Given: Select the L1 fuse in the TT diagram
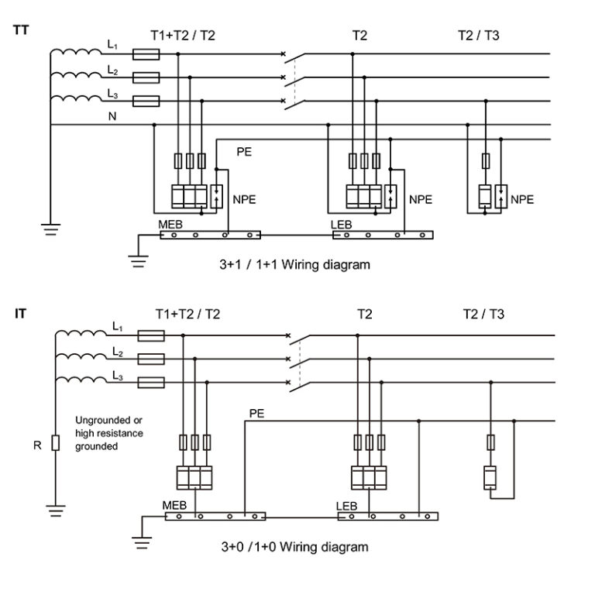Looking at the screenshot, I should tap(146, 54).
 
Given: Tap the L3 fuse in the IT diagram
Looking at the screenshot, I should tap(150, 383).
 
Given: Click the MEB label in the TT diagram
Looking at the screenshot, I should tap(171, 225).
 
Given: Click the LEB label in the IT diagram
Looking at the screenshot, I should tap(346, 506).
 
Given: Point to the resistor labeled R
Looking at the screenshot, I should tap(55, 444).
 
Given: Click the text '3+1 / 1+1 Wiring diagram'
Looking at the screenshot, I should tap(294, 264).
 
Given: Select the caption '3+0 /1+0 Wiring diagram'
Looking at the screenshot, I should tap(294, 546).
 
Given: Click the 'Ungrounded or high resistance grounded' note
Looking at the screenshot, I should tap(108, 434).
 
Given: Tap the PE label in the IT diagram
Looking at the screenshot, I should tap(256, 414).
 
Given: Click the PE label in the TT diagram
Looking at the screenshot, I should tap(244, 153).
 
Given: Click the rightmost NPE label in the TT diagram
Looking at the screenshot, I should tap(522, 199).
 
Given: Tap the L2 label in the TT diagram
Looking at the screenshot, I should tap(112, 71).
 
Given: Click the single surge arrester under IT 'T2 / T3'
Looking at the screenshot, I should tap(490, 476).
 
